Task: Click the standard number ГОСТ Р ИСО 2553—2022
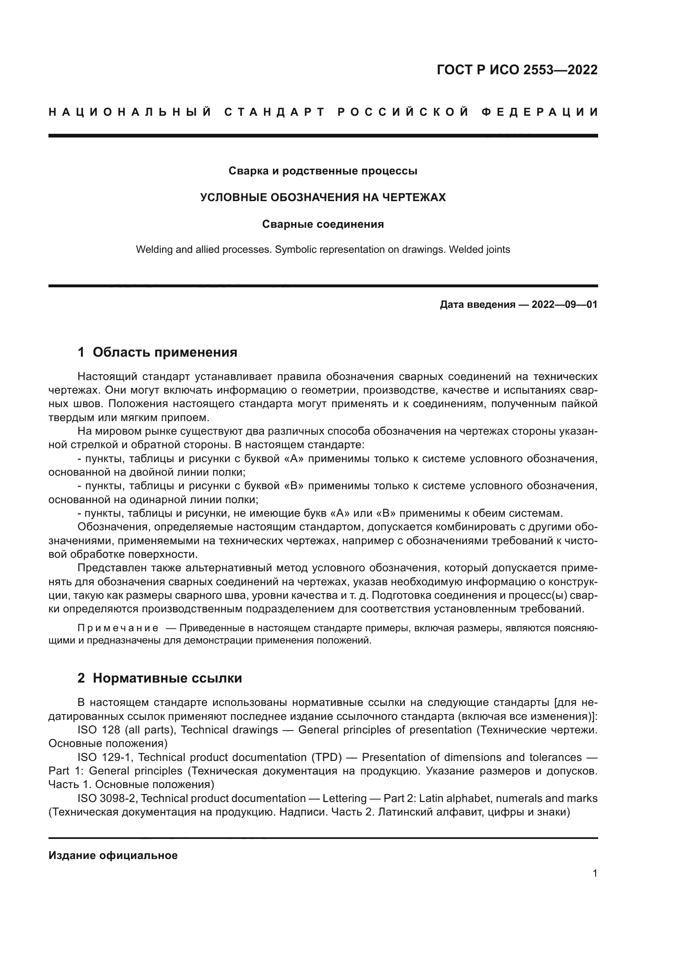pyautogui.click(x=517, y=70)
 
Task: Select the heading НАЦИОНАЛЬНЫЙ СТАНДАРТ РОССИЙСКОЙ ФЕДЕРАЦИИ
pyautogui.click(x=323, y=112)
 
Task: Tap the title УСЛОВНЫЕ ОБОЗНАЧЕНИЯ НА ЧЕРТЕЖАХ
pyautogui.click(x=323, y=197)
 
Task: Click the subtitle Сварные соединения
pyautogui.click(x=323, y=224)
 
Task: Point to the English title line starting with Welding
pyautogui.click(x=323, y=250)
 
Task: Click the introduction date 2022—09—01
pyautogui.click(x=564, y=305)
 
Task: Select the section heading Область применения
pyautogui.click(x=165, y=352)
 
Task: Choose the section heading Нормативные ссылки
pyautogui.click(x=167, y=678)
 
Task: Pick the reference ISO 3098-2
pyautogui.click(x=107, y=798)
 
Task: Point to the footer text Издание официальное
pyautogui.click(x=113, y=855)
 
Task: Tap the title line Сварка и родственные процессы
pyautogui.click(x=323, y=171)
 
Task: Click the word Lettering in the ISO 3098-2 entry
pyautogui.click(x=344, y=798)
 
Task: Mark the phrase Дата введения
pyautogui.click(x=477, y=305)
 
